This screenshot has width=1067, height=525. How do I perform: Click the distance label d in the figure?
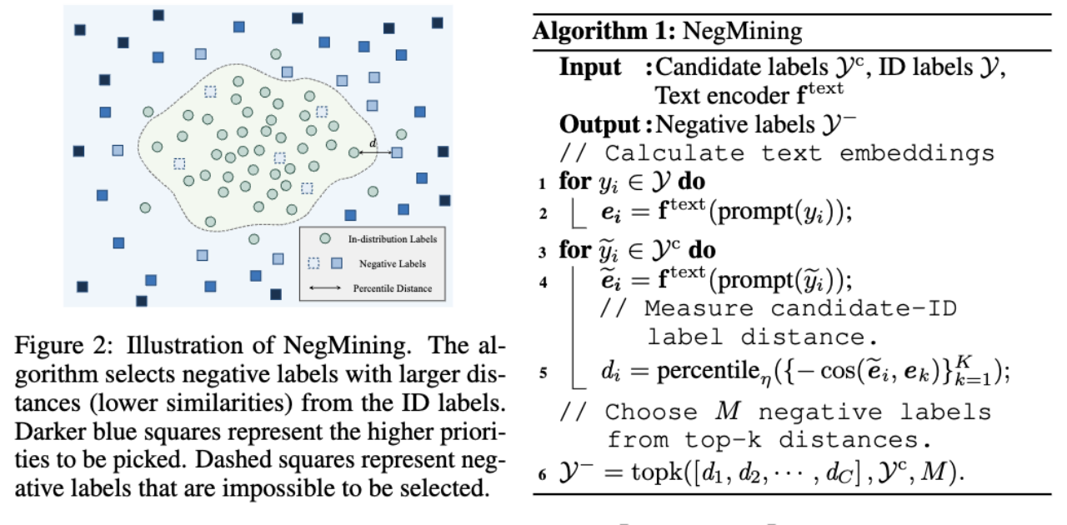point(373,142)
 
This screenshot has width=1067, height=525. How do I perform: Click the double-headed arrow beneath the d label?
point(375,152)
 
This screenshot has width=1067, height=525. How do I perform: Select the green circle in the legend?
point(325,238)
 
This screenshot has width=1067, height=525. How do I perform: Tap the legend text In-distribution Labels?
point(392,239)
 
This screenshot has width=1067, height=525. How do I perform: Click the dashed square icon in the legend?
point(313,263)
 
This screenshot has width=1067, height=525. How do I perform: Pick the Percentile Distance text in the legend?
point(392,288)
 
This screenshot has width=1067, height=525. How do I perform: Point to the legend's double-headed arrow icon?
point(325,287)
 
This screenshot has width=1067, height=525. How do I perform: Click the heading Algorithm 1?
point(604,32)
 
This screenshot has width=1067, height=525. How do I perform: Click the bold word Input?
point(590,67)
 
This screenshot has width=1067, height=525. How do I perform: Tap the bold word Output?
point(599,125)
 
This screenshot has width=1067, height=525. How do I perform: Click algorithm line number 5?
point(543,372)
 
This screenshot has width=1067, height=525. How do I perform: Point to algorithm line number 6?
point(542,474)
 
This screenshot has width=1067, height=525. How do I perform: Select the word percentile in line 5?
point(709,371)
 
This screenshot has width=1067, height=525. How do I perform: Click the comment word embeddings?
point(917,153)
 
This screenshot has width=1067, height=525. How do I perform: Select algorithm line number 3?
point(543,252)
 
